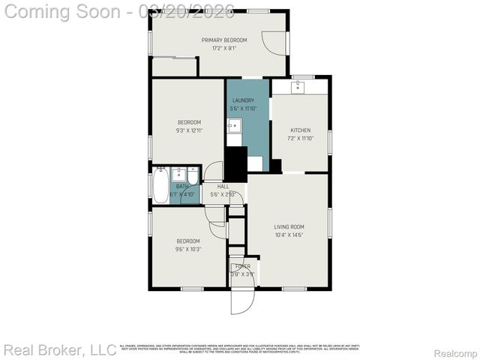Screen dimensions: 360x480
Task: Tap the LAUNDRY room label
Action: tap(242, 100)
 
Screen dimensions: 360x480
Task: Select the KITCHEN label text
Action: tap(300, 130)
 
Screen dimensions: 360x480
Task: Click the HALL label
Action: tap(223, 187)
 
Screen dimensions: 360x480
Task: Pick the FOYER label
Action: tap(242, 266)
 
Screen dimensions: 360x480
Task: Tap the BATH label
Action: tap(182, 187)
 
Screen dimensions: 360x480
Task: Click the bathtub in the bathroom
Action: tap(160, 186)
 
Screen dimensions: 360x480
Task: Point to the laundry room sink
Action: tap(234, 125)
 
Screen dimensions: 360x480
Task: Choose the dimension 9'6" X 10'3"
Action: tap(189, 249)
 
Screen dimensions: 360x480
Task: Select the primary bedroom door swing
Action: tap(275, 43)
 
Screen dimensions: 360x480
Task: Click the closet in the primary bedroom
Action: tap(174, 67)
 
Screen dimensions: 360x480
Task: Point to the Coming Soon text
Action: tap(64, 11)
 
